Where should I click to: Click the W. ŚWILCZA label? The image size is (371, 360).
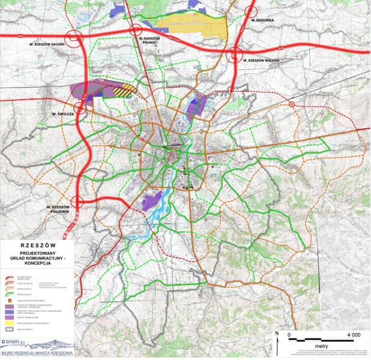click(62, 113)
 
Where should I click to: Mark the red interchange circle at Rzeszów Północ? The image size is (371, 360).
click(135, 31)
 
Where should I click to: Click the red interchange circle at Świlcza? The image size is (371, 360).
click(80, 108)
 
